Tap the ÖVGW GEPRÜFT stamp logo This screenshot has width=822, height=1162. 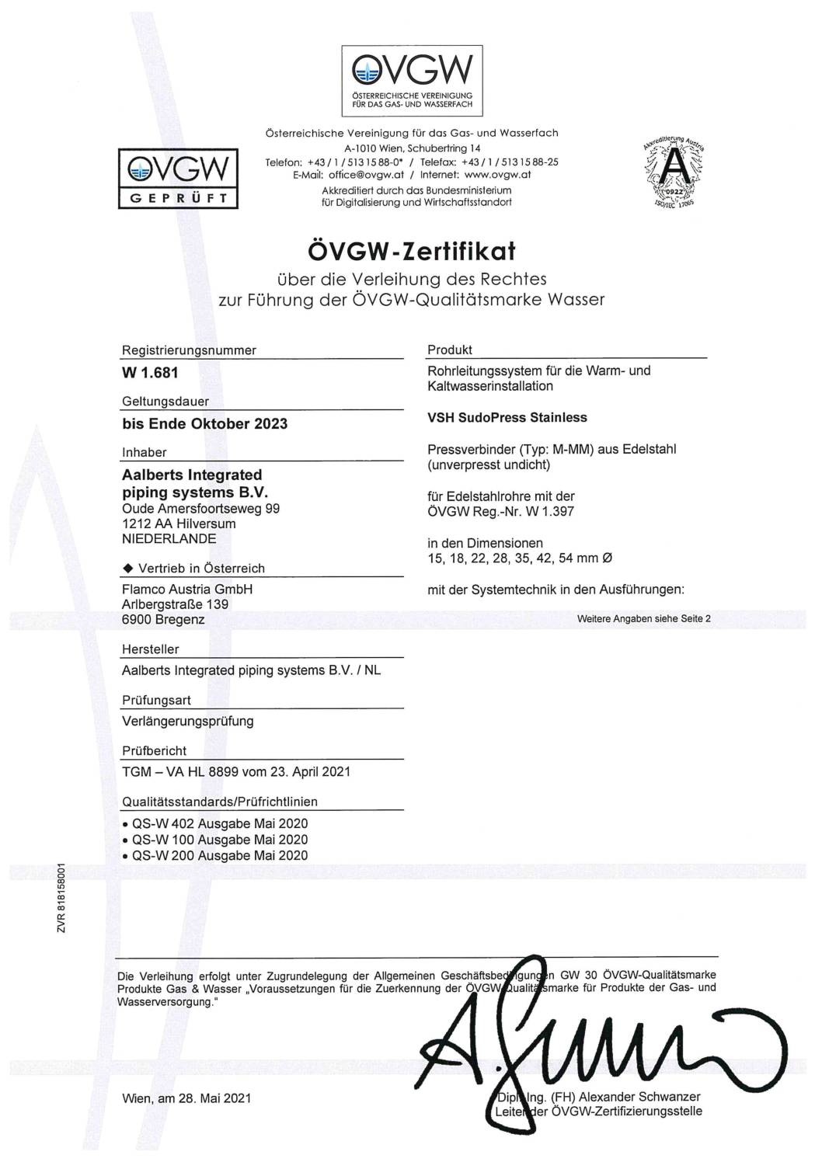(x=178, y=178)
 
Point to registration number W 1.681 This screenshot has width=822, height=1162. (x=150, y=373)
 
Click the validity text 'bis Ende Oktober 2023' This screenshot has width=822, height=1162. (x=205, y=424)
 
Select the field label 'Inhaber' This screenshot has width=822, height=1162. (x=145, y=452)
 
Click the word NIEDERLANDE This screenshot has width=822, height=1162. (x=169, y=538)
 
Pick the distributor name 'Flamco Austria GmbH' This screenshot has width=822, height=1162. (x=187, y=589)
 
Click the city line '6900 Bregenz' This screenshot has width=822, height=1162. (x=163, y=619)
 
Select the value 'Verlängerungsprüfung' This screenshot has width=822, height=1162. (x=188, y=721)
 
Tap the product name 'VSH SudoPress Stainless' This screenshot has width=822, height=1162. (x=507, y=417)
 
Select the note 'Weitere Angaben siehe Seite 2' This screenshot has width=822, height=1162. (x=644, y=619)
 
